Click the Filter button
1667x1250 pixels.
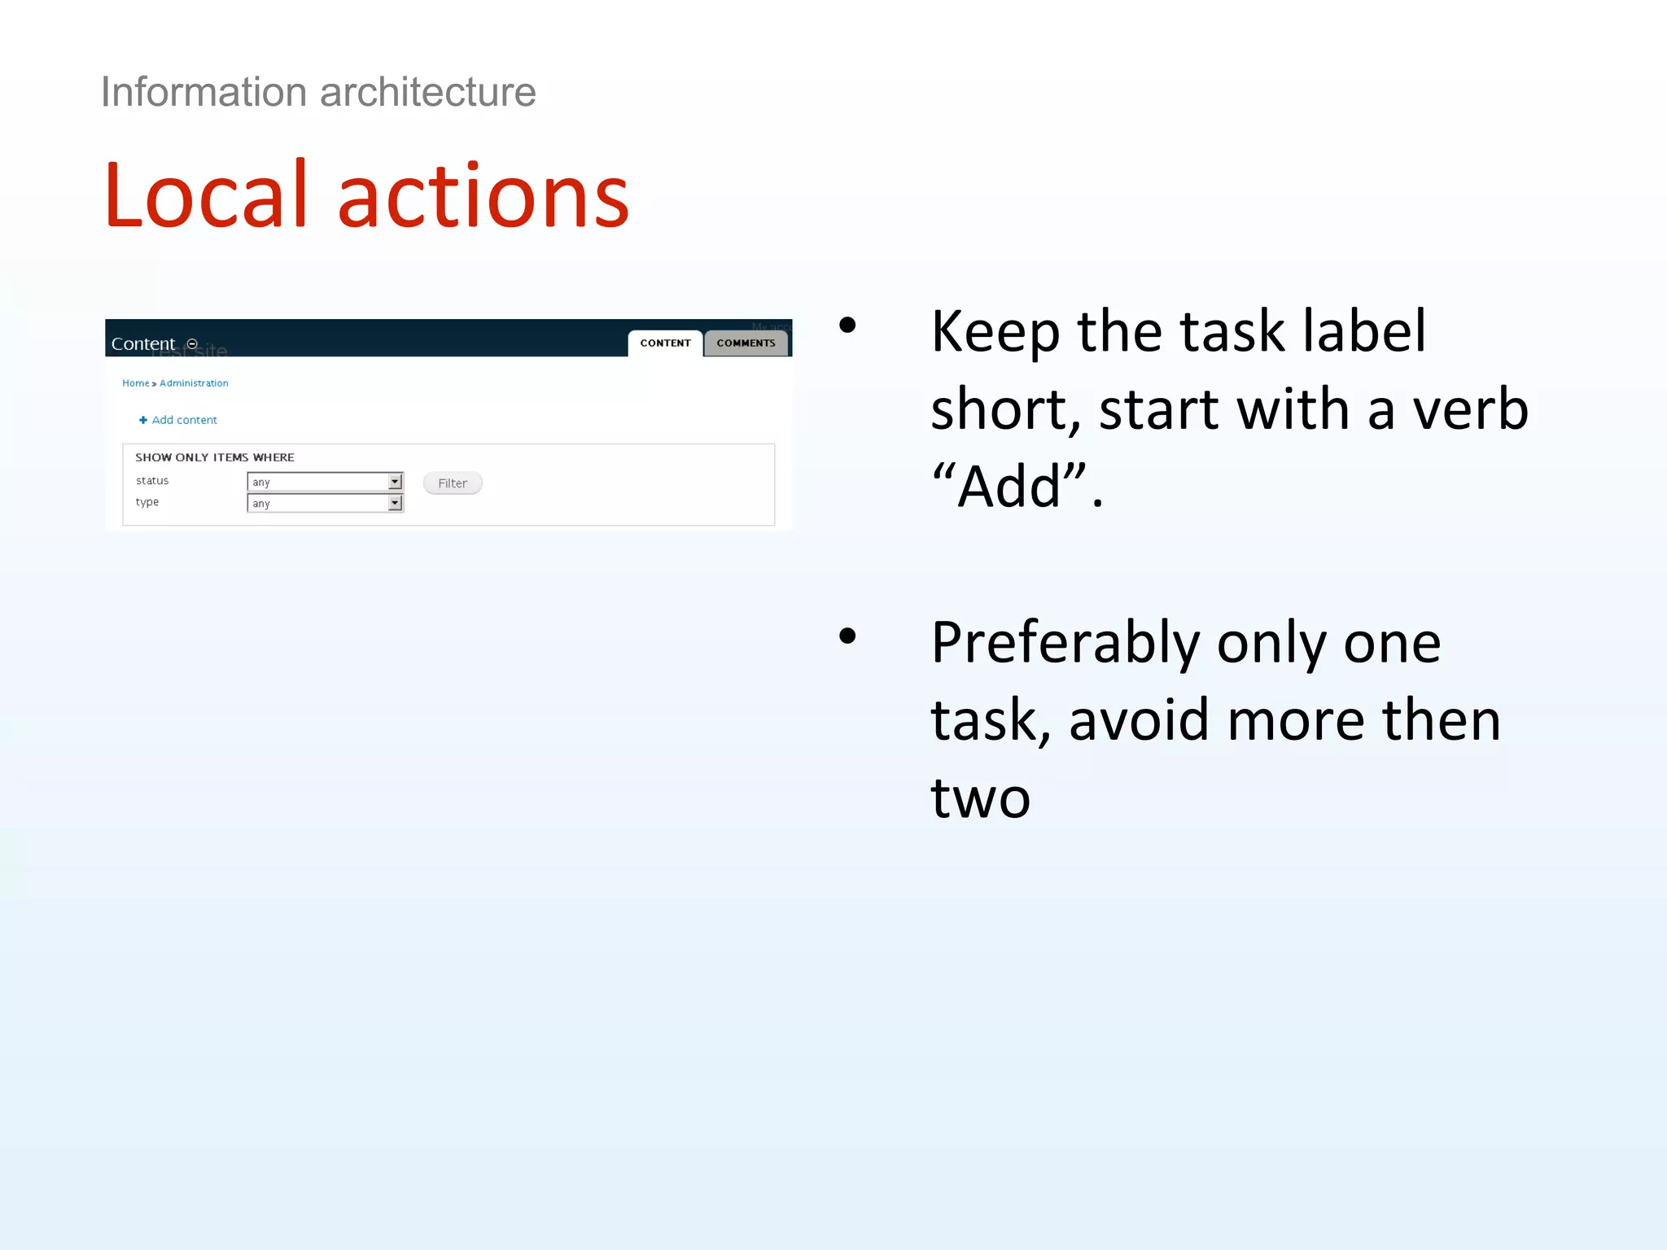pyautogui.click(x=453, y=483)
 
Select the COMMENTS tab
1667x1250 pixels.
pyautogui.click(x=746, y=343)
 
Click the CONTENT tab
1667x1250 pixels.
pyautogui.click(x=665, y=343)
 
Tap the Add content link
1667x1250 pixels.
pyautogui.click(x=184, y=420)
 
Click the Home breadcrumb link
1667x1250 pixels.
pyautogui.click(x=135, y=383)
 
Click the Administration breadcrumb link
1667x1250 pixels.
pyautogui.click(x=194, y=383)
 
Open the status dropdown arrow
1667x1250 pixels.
pyautogui.click(x=395, y=482)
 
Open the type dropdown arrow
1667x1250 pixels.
pyautogui.click(x=395, y=503)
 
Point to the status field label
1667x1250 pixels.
pyautogui.click(x=152, y=481)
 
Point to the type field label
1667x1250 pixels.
pyautogui.click(x=147, y=502)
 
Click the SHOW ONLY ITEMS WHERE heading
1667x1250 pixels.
pyautogui.click(x=215, y=457)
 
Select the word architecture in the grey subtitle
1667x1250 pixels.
pyautogui.click(x=428, y=92)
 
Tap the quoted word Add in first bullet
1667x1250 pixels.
pyautogui.click(x=1010, y=487)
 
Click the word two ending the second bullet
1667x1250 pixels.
pyautogui.click(x=981, y=798)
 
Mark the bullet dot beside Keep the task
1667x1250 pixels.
pyautogui.click(x=847, y=326)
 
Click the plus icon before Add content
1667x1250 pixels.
pyautogui.click(x=143, y=420)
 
